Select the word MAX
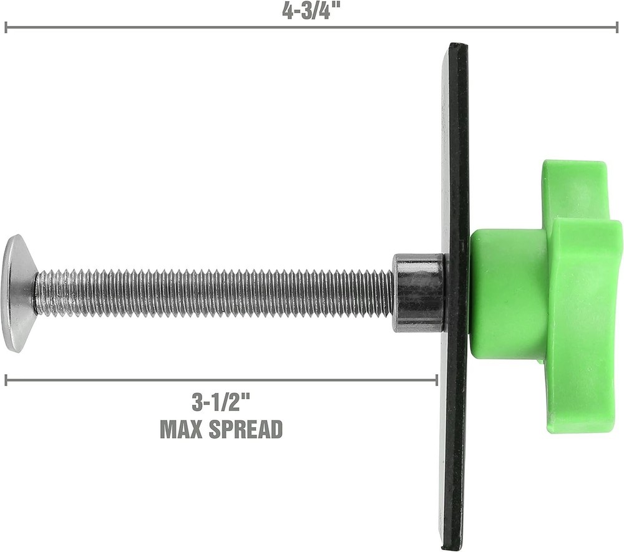pyautogui.click(x=183, y=429)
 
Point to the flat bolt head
pyautogui.click(x=17, y=293)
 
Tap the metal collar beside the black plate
pyautogui.click(x=417, y=291)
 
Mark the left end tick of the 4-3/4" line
pyautogui.click(x=6, y=27)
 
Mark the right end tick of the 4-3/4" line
pyautogui.click(x=617, y=27)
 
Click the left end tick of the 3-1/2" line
pyautogui.click(x=6, y=380)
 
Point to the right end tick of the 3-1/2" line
pyautogui.click(x=437, y=380)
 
